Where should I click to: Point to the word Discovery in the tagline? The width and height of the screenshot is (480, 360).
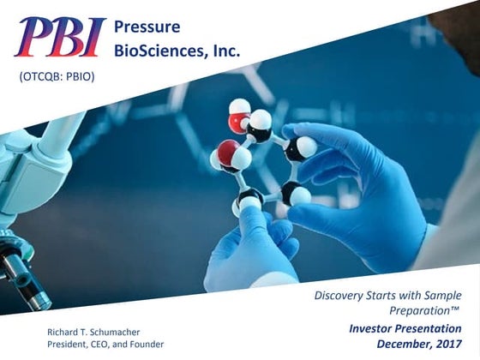pyautogui.click(x=338, y=297)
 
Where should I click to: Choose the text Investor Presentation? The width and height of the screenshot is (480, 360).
pyautogui.click(x=405, y=328)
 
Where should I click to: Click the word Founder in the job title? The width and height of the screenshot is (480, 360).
pyautogui.click(x=145, y=344)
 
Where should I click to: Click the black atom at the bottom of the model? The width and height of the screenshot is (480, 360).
pyautogui.click(x=249, y=201)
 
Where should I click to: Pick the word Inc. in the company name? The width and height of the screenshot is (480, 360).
pyautogui.click(x=225, y=51)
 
